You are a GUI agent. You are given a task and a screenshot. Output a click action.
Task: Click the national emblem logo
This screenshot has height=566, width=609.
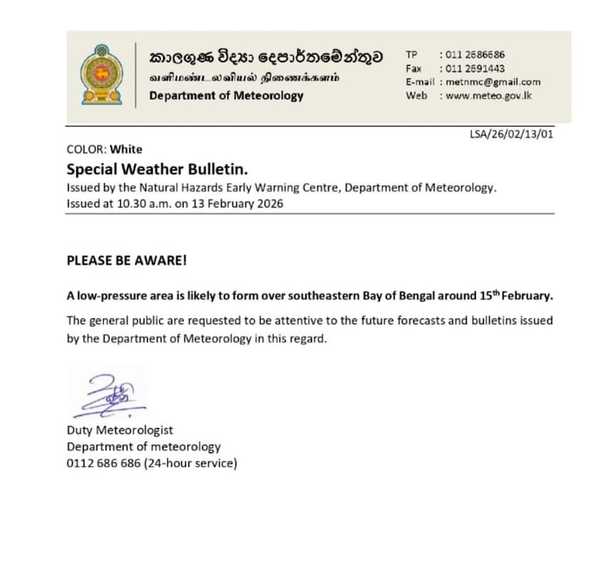point(101,75)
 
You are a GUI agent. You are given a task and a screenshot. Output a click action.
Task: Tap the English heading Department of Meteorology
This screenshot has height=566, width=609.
point(226,96)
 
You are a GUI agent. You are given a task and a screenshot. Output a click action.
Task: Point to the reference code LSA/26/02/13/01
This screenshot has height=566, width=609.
point(512,135)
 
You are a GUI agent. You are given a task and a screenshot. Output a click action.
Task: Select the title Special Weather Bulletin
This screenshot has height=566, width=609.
point(156,170)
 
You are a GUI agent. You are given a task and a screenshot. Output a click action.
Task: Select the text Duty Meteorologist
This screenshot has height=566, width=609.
point(119,430)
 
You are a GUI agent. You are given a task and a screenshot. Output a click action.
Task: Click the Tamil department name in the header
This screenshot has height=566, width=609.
point(244,78)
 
